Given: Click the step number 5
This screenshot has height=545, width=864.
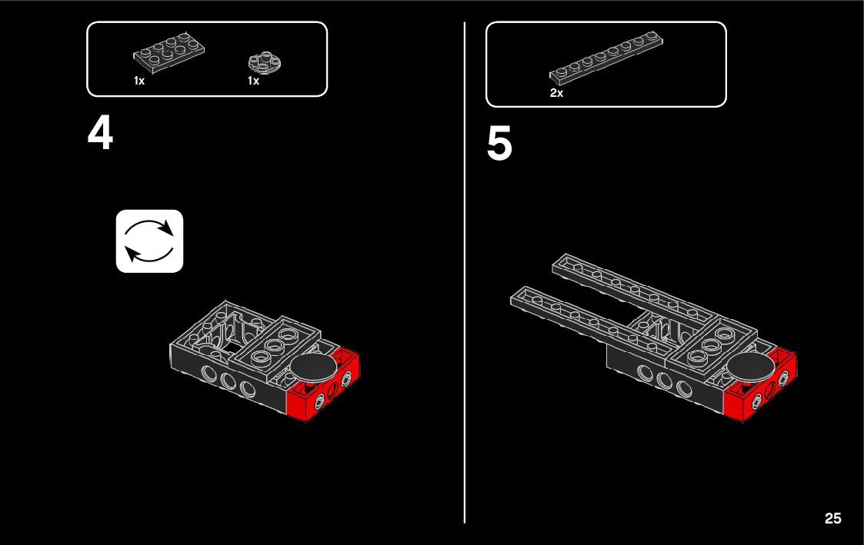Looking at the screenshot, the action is tap(499, 143).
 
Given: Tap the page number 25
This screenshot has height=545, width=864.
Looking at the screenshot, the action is tap(832, 518).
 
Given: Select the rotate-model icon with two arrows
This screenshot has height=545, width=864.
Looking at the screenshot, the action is tap(149, 241).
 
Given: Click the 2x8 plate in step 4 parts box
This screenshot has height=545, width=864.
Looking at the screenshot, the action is tap(168, 52).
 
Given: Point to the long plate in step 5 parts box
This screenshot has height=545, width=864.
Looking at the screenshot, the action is tap(606, 58).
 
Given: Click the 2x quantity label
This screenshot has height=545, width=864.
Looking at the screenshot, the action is tap(556, 93).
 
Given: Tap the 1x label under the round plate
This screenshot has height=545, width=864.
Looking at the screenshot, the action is tap(253, 81).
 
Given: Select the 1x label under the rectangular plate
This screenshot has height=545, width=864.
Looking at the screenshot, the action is tap(138, 81).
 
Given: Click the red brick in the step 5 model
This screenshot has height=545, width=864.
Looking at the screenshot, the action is tap(760, 385).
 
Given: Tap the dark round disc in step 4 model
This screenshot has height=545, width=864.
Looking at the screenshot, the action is tap(314, 367).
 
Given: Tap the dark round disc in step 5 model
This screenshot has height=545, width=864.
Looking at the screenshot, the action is tap(750, 365).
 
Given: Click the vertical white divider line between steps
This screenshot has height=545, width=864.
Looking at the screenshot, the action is tap(465, 272).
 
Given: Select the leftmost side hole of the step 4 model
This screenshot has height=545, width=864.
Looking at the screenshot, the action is tap(208, 373).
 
